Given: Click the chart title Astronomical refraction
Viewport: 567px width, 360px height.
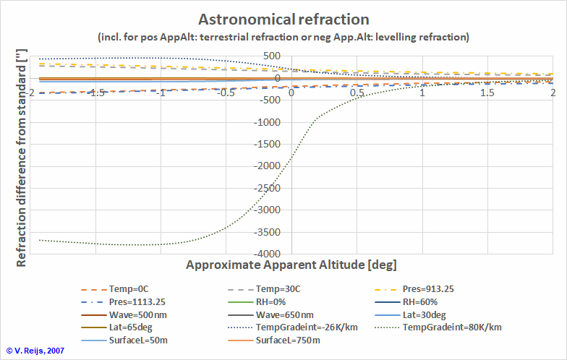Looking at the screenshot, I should [x=283, y=19].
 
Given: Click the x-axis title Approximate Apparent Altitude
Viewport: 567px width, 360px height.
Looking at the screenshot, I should [x=291, y=265].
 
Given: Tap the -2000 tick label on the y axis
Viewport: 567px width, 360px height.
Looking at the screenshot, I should [x=266, y=166].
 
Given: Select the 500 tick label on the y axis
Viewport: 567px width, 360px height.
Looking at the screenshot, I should [x=272, y=56].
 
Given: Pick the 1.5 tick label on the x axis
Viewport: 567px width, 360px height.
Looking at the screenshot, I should [x=487, y=93].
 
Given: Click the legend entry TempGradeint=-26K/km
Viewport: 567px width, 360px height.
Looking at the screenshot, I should [x=304, y=327].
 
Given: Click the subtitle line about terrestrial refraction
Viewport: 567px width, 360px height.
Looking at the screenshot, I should [x=283, y=36].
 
